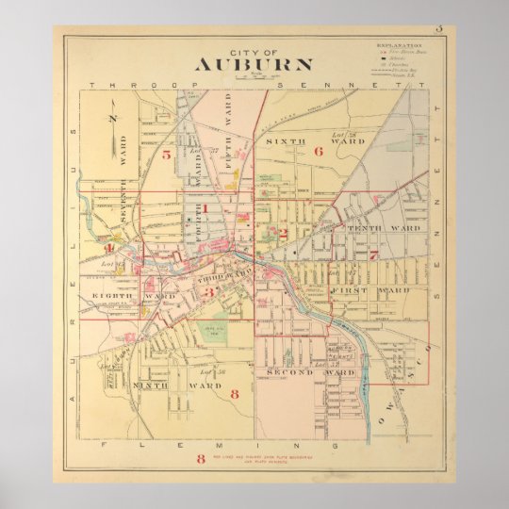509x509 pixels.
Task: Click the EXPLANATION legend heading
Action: point(400,44)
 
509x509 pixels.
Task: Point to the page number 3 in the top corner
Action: point(438,29)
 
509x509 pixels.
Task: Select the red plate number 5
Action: point(166,154)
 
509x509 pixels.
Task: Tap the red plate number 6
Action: point(319,150)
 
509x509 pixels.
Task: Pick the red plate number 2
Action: point(282,232)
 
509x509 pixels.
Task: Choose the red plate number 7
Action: point(373,254)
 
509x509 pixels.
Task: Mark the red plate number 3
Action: point(211,292)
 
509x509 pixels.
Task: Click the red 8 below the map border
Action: point(201,459)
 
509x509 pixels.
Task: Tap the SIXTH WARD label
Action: point(287,140)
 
